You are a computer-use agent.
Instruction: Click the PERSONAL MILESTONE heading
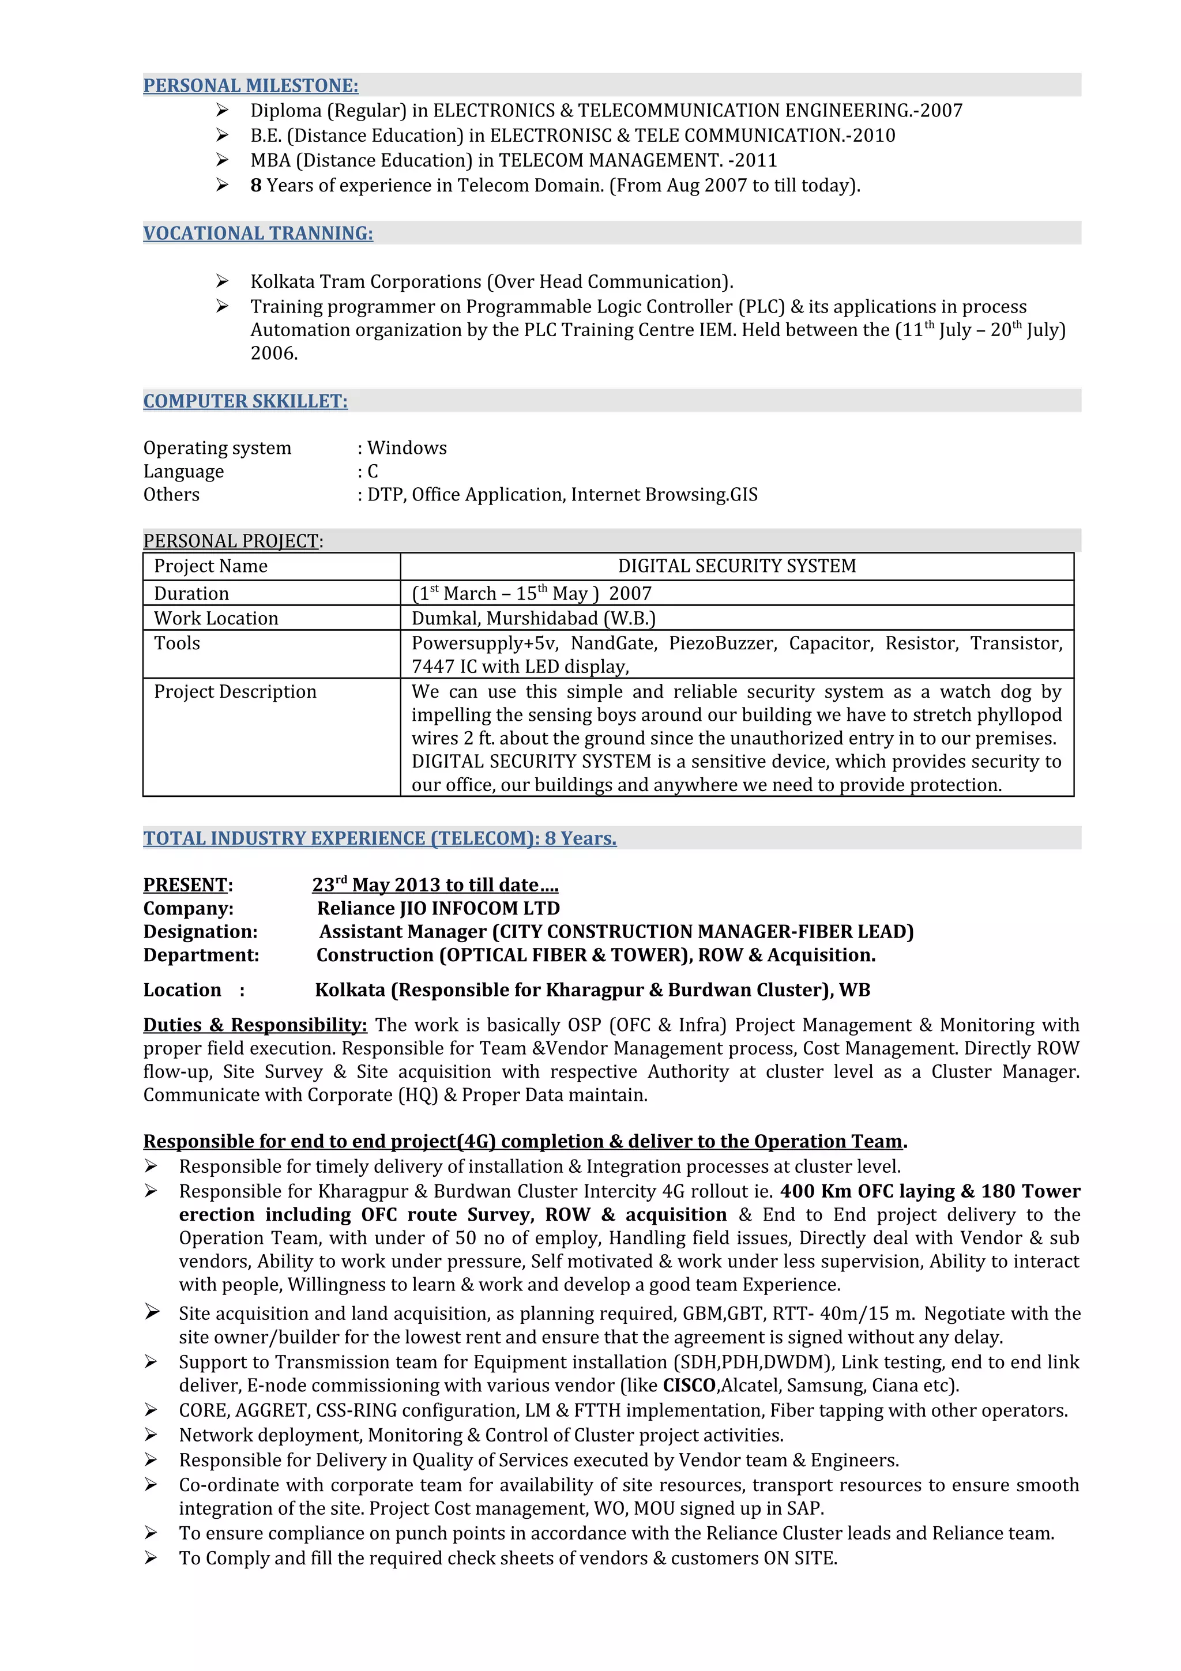coord(250,86)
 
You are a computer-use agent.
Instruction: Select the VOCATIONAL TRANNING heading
coord(258,234)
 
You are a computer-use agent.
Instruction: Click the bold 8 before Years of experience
coord(256,186)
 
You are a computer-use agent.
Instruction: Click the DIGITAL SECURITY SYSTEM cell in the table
coord(736,566)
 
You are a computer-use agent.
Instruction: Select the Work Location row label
coord(216,619)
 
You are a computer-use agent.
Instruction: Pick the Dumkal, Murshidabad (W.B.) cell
coord(533,619)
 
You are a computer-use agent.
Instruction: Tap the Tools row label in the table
coord(177,643)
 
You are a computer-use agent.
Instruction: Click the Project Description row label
coord(235,692)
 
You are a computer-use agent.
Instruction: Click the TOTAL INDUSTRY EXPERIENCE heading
coord(379,838)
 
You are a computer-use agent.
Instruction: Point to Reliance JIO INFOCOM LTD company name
coord(439,909)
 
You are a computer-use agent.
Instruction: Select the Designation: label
coord(200,932)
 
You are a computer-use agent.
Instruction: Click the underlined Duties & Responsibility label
coord(255,1025)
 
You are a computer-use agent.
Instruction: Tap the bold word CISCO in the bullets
coord(689,1386)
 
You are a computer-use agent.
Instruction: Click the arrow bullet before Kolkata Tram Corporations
coord(222,281)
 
